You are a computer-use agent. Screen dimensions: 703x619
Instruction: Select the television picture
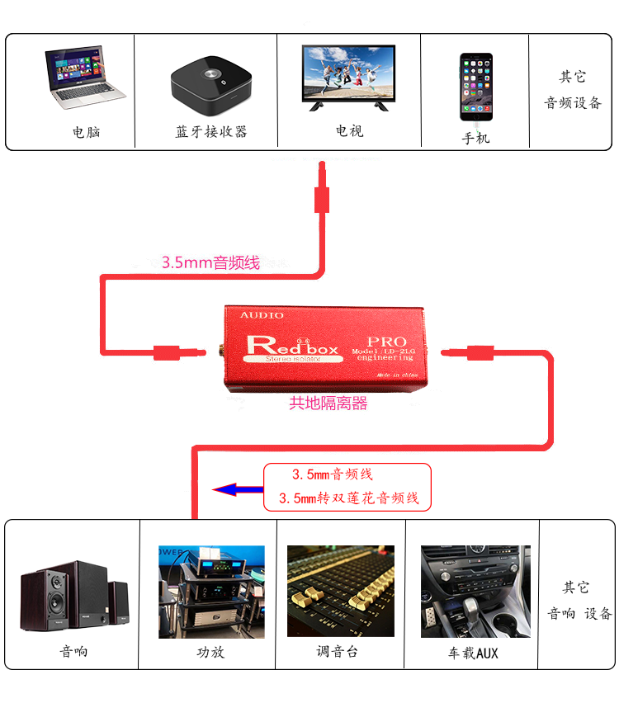point(348,78)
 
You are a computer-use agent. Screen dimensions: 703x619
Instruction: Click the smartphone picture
point(476,87)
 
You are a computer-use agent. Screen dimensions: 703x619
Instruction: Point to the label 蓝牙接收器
point(211,132)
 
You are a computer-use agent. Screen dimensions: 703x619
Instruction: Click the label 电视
point(349,131)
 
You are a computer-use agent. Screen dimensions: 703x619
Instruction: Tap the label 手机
point(476,138)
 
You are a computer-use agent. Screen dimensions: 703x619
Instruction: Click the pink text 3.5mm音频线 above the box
point(210,263)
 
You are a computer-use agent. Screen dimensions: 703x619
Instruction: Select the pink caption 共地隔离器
point(328,403)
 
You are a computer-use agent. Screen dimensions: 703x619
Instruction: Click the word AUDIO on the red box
point(262,315)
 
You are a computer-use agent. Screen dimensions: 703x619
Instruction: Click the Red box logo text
point(293,346)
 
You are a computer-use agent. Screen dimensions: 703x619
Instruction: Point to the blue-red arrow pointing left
point(236,489)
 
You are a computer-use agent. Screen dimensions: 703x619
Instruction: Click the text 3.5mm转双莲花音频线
point(349,498)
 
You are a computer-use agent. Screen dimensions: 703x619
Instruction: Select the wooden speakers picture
point(74,597)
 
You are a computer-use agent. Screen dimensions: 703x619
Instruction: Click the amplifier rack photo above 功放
point(211,592)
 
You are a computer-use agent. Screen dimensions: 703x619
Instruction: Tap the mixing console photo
point(340,590)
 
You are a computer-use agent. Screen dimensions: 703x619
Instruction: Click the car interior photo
point(475,591)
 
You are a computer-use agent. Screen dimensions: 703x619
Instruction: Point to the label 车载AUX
point(474,653)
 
